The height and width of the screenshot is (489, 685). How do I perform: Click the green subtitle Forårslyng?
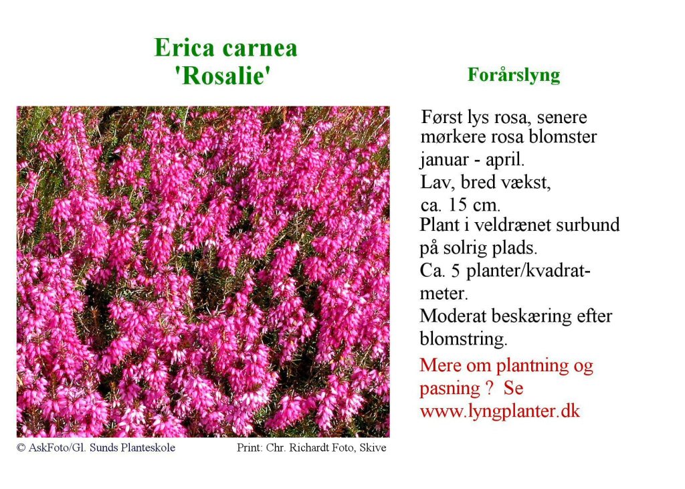coord(514,75)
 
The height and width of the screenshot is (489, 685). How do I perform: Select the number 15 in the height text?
coord(464,205)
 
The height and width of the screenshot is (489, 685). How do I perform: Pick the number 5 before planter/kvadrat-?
coord(456,272)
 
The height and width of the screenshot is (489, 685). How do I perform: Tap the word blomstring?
coord(464,339)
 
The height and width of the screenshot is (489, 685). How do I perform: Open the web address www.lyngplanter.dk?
coord(500,411)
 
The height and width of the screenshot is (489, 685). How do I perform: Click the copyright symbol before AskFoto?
coord(21,448)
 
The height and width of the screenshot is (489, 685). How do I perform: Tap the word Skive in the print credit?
coord(373,448)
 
